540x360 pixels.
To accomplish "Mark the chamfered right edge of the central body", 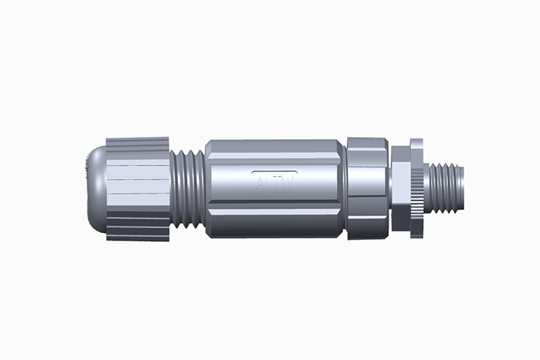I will point(342,189).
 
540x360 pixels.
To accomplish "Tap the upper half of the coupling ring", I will point(367,162).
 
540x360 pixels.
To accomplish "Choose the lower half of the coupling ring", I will point(367,217).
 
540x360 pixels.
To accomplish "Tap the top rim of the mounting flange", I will point(417,141).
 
